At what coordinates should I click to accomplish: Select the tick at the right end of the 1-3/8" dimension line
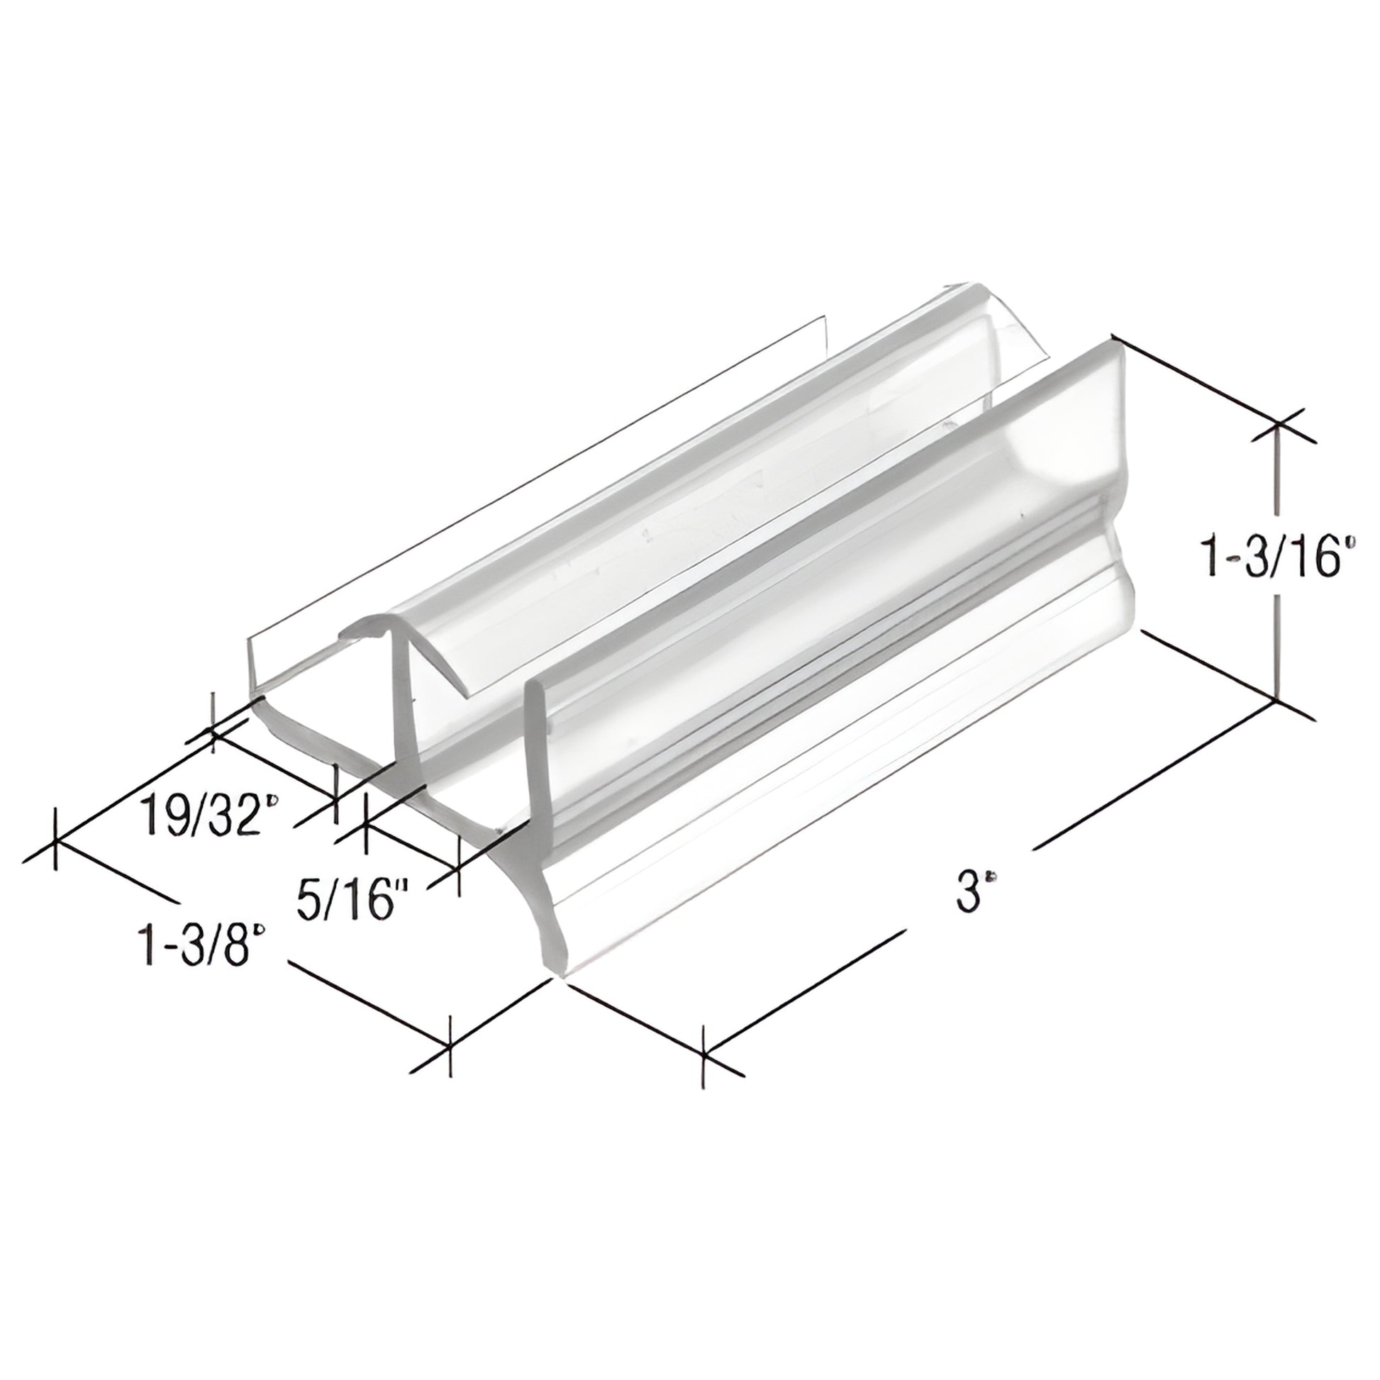click(x=451, y=1047)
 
